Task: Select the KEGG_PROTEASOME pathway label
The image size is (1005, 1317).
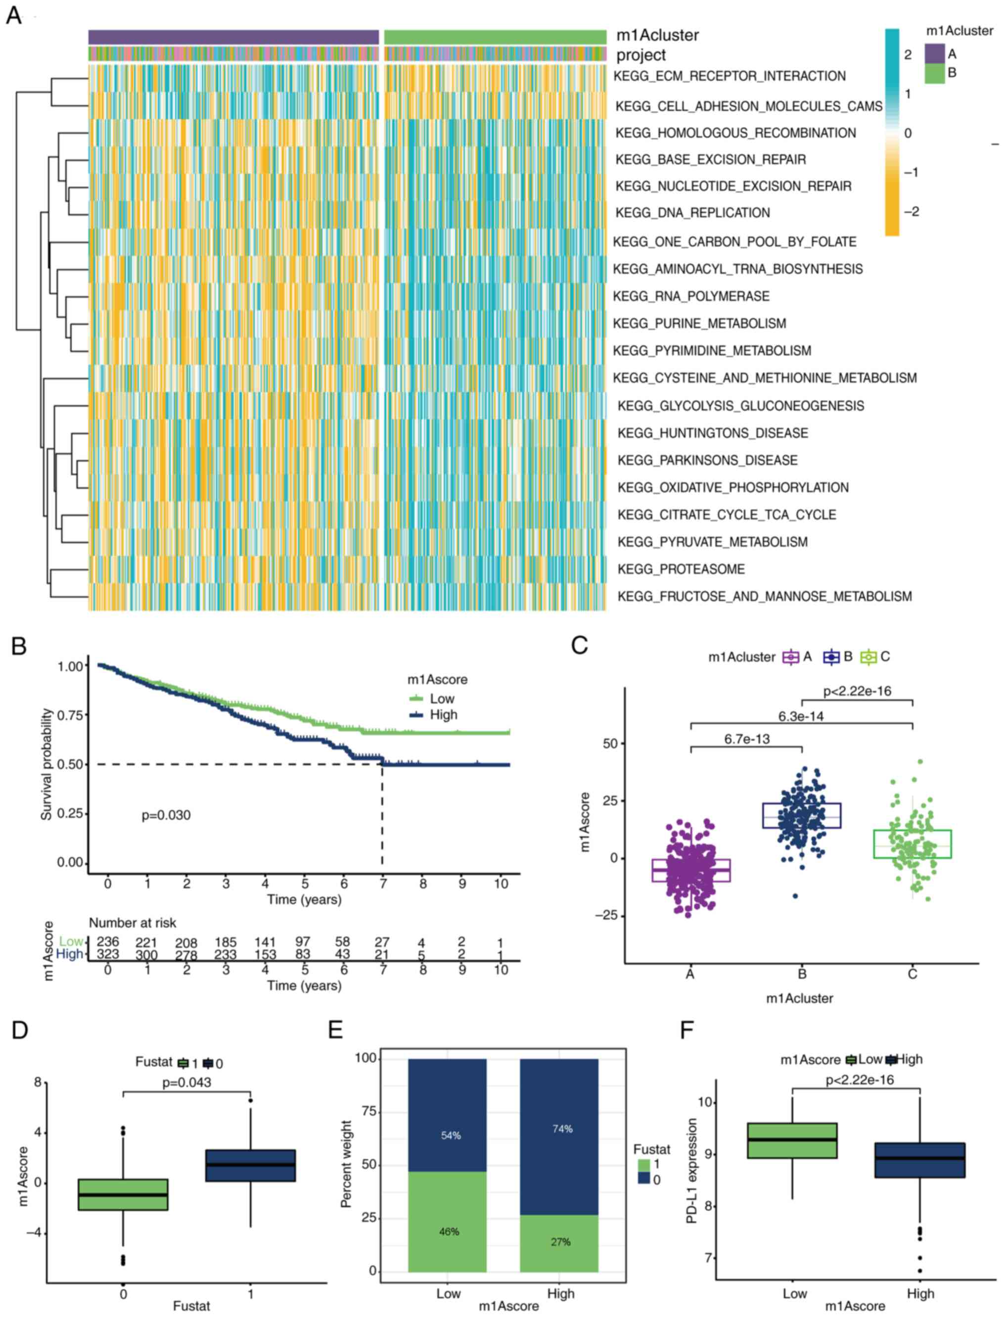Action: pyautogui.click(x=682, y=569)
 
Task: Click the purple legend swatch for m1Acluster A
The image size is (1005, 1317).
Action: pyautogui.click(x=934, y=54)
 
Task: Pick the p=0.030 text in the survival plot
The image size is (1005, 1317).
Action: pyautogui.click(x=166, y=815)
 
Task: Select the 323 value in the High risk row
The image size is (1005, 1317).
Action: pyautogui.click(x=108, y=954)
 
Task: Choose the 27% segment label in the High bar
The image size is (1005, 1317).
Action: pyautogui.click(x=560, y=1242)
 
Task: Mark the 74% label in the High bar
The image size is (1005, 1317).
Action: pyautogui.click(x=562, y=1129)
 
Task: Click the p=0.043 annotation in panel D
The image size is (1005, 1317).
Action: pyautogui.click(x=186, y=1082)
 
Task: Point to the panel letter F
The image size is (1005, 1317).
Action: pyautogui.click(x=687, y=1030)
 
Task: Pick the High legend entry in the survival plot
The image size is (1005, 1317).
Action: pyautogui.click(x=443, y=714)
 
